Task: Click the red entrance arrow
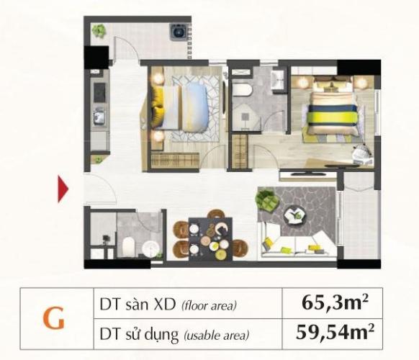[x=63, y=189]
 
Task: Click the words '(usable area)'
[x=217, y=335]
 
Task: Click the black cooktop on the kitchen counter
[x=99, y=92]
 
